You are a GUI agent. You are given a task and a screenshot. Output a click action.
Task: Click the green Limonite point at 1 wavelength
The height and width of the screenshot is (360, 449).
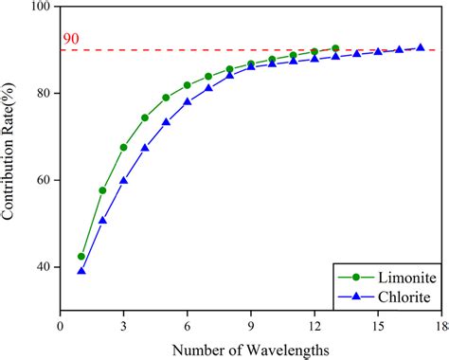click(x=81, y=257)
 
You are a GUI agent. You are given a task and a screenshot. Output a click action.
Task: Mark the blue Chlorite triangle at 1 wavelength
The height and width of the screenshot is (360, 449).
click(x=81, y=271)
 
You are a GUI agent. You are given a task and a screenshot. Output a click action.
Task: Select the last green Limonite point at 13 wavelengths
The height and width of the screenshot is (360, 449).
click(x=335, y=48)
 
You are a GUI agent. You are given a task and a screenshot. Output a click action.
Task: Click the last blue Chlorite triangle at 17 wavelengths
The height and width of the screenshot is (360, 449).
click(x=420, y=47)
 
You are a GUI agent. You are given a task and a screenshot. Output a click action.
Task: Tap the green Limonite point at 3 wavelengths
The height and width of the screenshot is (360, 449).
click(x=124, y=147)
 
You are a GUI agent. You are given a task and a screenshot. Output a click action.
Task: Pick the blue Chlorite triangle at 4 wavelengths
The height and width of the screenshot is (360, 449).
click(x=145, y=148)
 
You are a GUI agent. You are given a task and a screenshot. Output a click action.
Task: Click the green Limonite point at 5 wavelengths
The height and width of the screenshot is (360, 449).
click(x=166, y=98)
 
